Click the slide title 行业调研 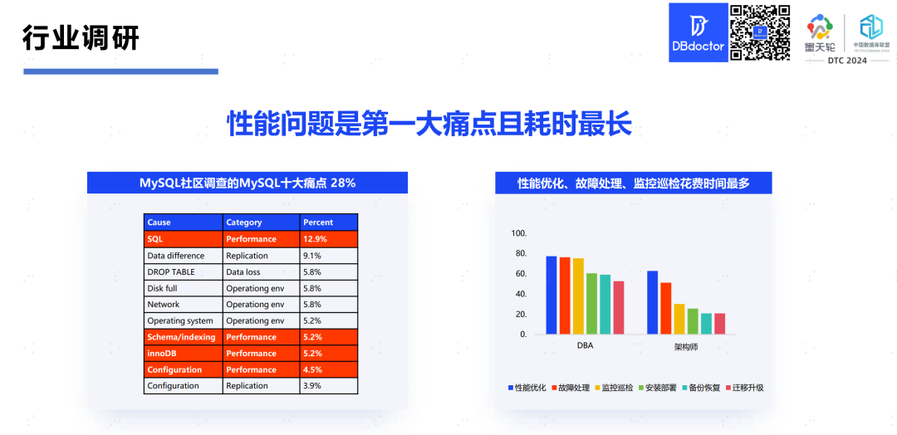pyautogui.click(x=81, y=37)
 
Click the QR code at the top pyautogui.click(x=759, y=32)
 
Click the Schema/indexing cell pyautogui.click(x=181, y=337)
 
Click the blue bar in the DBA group pyautogui.click(x=551, y=295)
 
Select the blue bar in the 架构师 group pyautogui.click(x=652, y=302)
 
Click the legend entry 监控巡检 pyautogui.click(x=614, y=388)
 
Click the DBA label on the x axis pyautogui.click(x=585, y=345)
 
